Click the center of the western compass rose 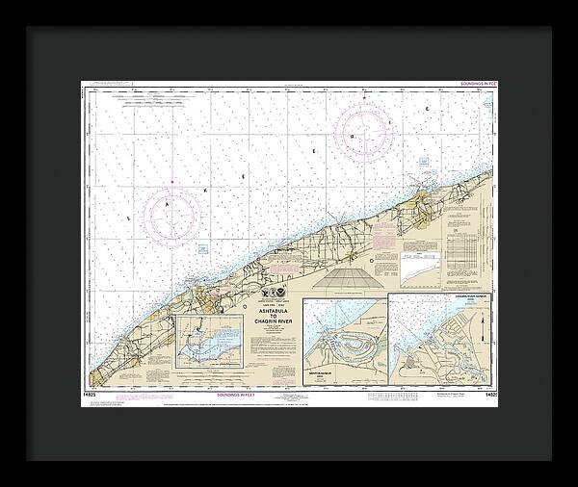pyautogui.click(x=172, y=211)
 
